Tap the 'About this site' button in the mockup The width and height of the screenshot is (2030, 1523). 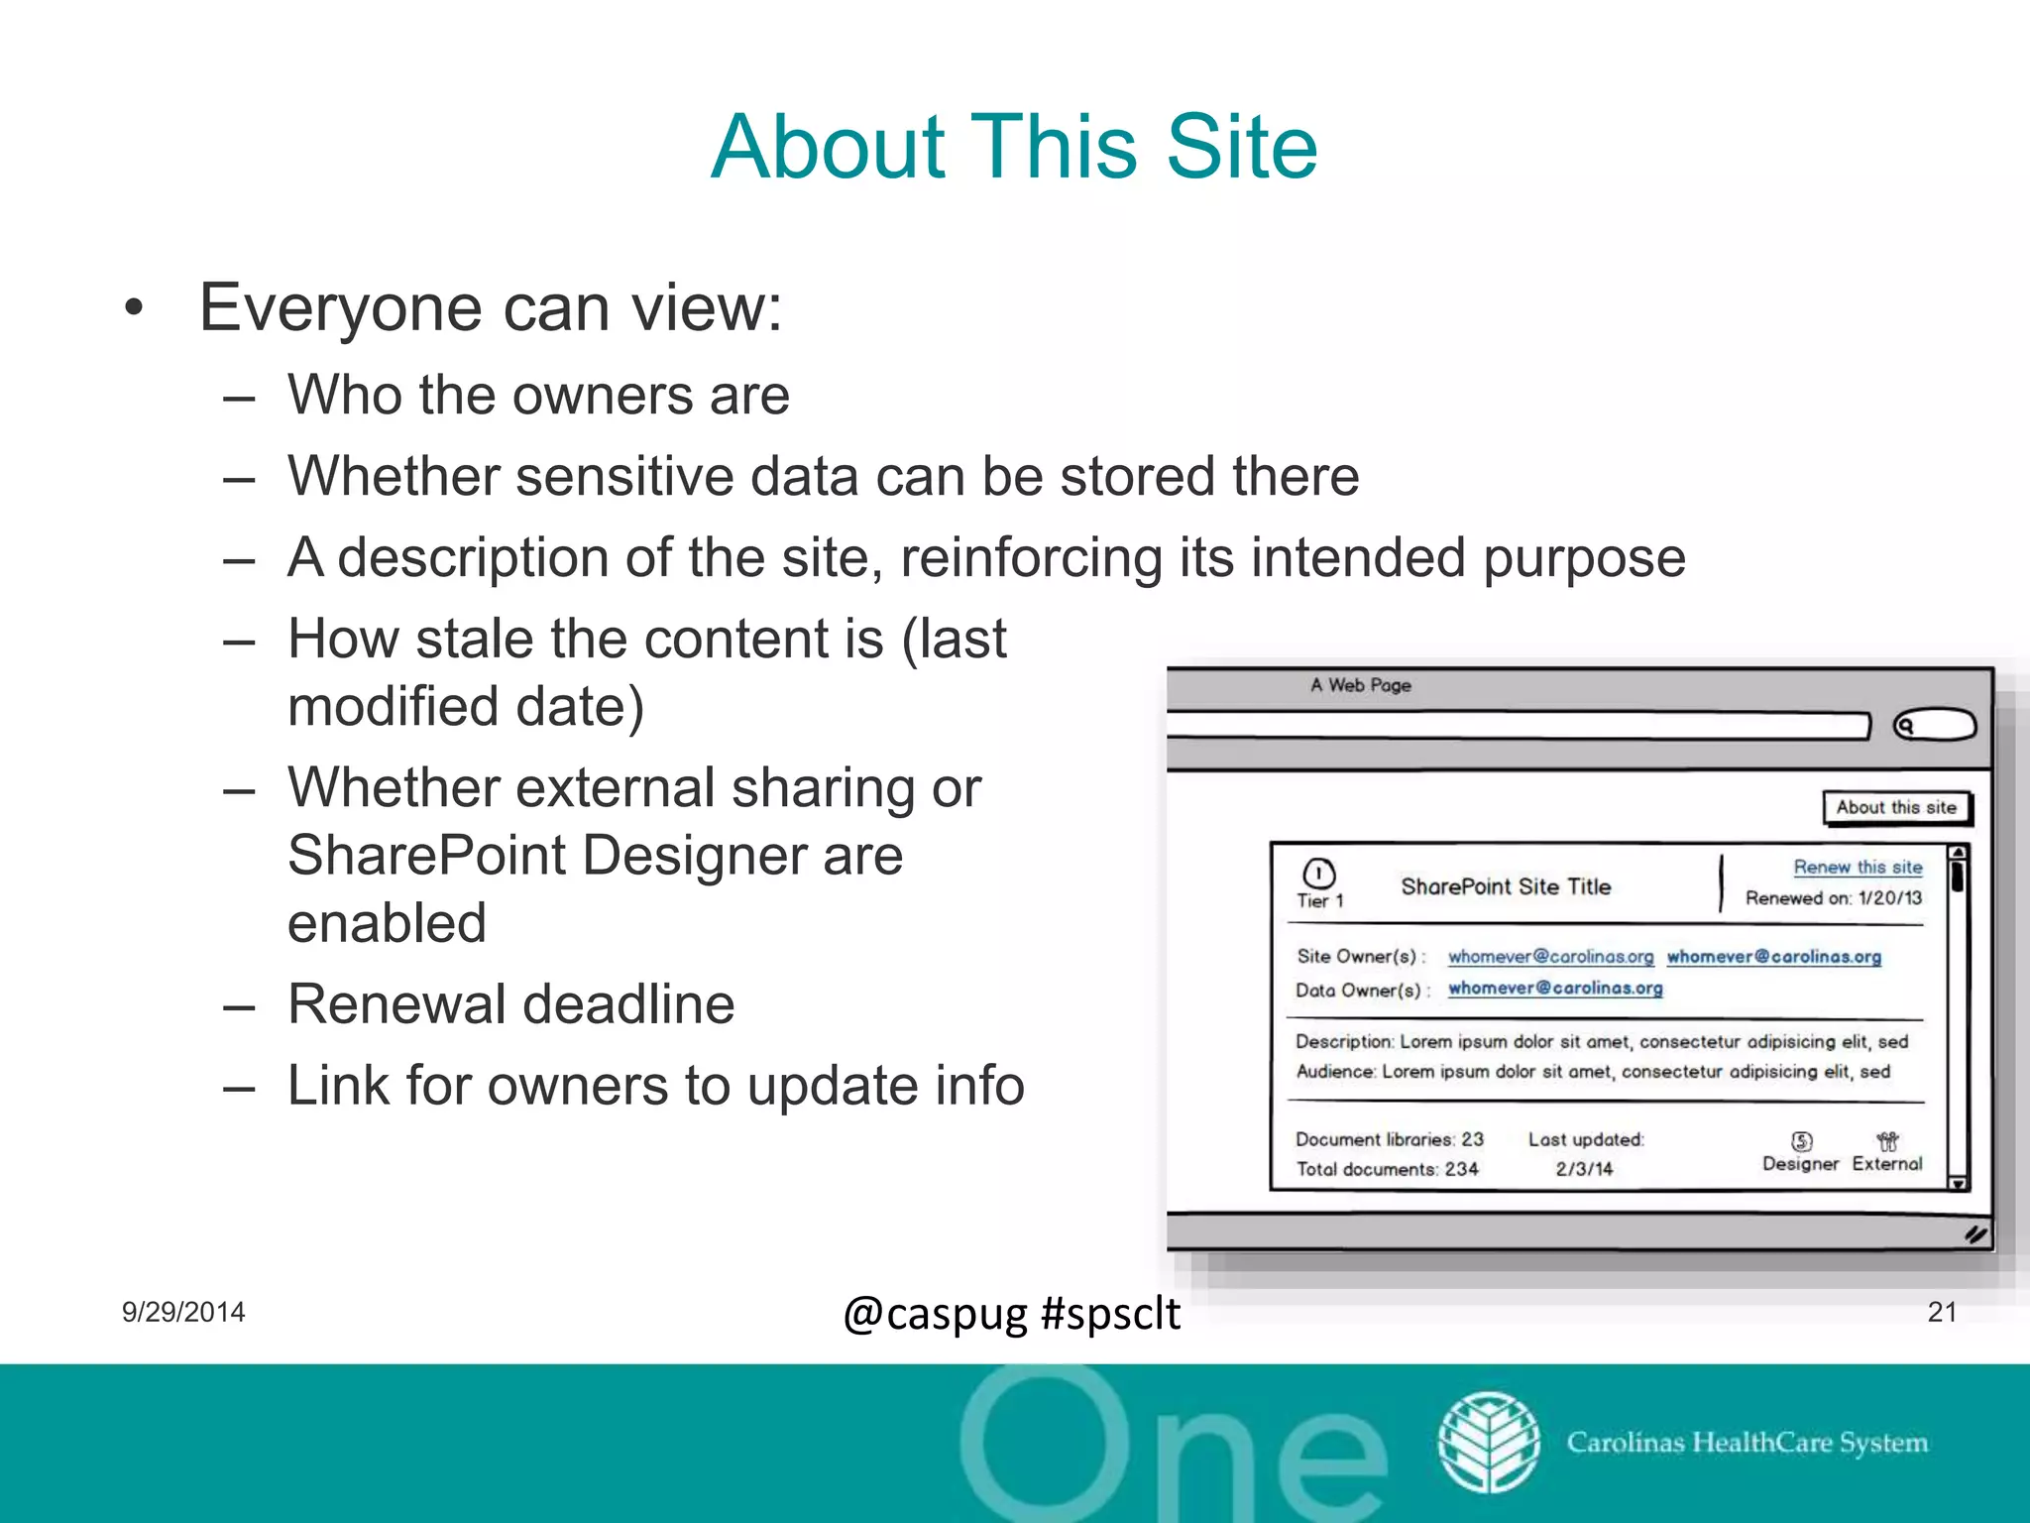pyautogui.click(x=1896, y=807)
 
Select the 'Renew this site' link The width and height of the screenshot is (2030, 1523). pyautogui.click(x=1858, y=868)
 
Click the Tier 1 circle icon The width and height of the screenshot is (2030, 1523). pyautogui.click(x=1319, y=874)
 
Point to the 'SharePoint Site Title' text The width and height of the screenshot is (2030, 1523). pyautogui.click(x=1506, y=886)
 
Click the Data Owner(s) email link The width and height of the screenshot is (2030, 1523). pyautogui.click(x=1555, y=988)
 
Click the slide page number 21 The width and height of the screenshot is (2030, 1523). pyautogui.click(x=1942, y=1312)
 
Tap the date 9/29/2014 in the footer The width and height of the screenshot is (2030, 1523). pyautogui.click(x=183, y=1312)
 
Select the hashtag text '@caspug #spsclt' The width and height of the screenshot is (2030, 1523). pyautogui.click(x=1011, y=1314)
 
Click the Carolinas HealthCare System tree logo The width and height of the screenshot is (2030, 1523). pyautogui.click(x=1489, y=1443)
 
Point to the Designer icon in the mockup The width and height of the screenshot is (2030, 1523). pyautogui.click(x=1801, y=1141)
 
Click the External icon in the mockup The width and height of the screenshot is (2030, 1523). pyautogui.click(x=1887, y=1141)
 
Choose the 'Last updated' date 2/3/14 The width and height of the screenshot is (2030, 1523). pyautogui.click(x=1584, y=1169)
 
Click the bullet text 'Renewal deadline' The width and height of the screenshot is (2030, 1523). pyautogui.click(x=510, y=1003)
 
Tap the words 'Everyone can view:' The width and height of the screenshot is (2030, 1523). pyautogui.click(x=491, y=307)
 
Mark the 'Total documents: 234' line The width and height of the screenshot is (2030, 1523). pyautogui.click(x=1387, y=1169)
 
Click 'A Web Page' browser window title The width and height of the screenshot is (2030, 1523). pyautogui.click(x=1360, y=685)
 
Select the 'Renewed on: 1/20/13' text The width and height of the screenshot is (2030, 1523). pyautogui.click(x=1833, y=898)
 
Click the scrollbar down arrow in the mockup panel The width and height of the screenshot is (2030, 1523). pyautogui.click(x=1958, y=1183)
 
